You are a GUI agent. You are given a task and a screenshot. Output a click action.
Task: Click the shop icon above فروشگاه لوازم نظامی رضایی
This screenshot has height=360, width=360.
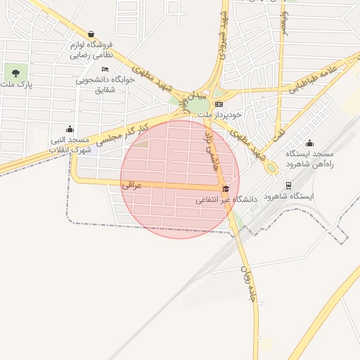[x=91, y=34]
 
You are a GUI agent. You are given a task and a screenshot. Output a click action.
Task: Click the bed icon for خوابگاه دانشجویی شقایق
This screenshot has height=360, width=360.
[x=105, y=69]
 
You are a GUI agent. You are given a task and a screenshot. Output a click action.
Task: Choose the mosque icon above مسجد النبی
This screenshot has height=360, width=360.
[x=70, y=129]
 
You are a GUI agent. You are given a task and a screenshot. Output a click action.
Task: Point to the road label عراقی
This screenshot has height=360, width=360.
[x=132, y=186]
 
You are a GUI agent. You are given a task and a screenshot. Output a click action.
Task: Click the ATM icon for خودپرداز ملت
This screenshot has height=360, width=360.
[x=219, y=104]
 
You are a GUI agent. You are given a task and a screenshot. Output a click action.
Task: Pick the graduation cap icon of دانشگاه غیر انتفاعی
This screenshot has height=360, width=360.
[x=226, y=188]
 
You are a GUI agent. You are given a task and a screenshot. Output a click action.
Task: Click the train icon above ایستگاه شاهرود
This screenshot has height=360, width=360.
[x=288, y=186]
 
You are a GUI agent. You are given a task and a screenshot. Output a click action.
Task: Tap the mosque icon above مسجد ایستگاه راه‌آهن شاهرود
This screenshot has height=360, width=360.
[x=309, y=143]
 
